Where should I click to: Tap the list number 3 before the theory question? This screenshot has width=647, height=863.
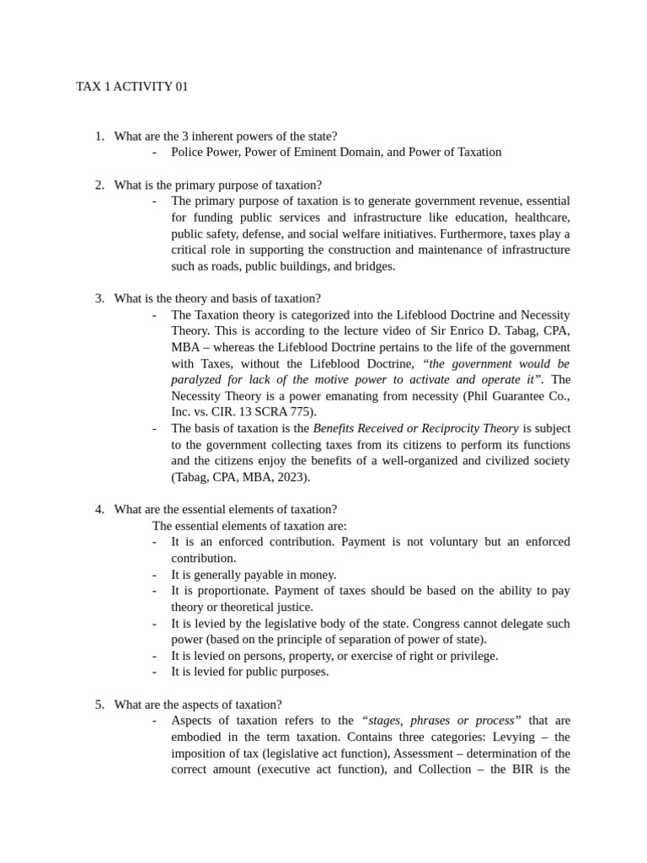coord(99,298)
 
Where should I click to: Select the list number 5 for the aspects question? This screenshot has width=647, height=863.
coord(99,705)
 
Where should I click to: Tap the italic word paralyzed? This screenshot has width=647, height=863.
coord(199,380)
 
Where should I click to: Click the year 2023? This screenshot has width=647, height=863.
coord(291,477)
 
